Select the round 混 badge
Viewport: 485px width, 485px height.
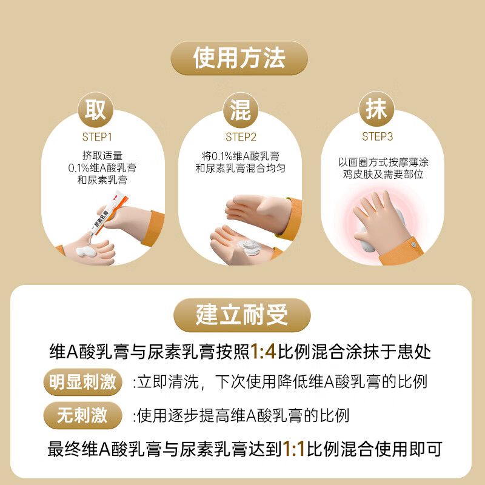241,111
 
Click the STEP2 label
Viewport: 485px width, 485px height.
241,137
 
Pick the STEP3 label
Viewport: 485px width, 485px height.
378,137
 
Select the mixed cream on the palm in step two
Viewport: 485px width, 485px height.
249,246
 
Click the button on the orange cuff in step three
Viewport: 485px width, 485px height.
414,245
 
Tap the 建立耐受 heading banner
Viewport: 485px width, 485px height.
242,315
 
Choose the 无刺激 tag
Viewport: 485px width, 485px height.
82,415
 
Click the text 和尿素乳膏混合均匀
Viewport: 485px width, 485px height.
240,167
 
